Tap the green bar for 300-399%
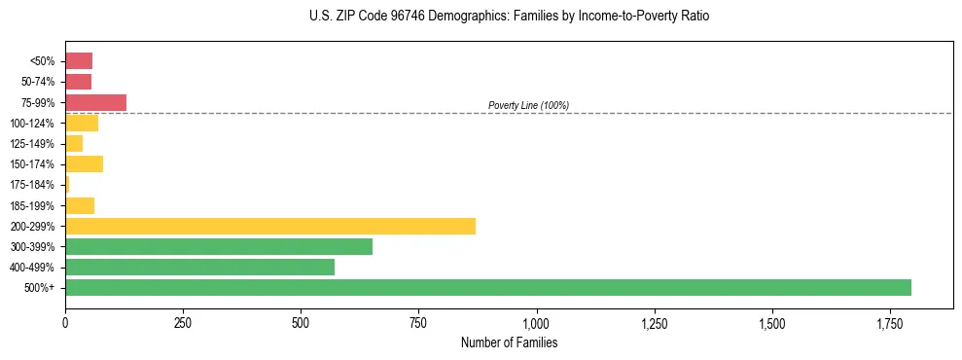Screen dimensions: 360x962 (x=219, y=247)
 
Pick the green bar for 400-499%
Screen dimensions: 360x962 (x=199, y=268)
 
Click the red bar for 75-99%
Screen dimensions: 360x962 (x=95, y=102)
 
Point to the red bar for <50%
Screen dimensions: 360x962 (x=79, y=61)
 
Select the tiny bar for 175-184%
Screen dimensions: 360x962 (x=67, y=185)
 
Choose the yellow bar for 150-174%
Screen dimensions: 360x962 (x=84, y=164)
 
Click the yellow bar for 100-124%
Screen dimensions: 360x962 (x=82, y=124)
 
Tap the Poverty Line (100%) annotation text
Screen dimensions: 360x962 (x=528, y=105)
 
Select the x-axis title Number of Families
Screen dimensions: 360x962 (x=509, y=342)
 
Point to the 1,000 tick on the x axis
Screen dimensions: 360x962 (x=537, y=322)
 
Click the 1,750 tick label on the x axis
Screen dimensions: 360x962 (x=772, y=322)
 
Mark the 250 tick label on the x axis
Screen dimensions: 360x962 (x=183, y=322)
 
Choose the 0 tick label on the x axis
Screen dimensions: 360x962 (x=65, y=322)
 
